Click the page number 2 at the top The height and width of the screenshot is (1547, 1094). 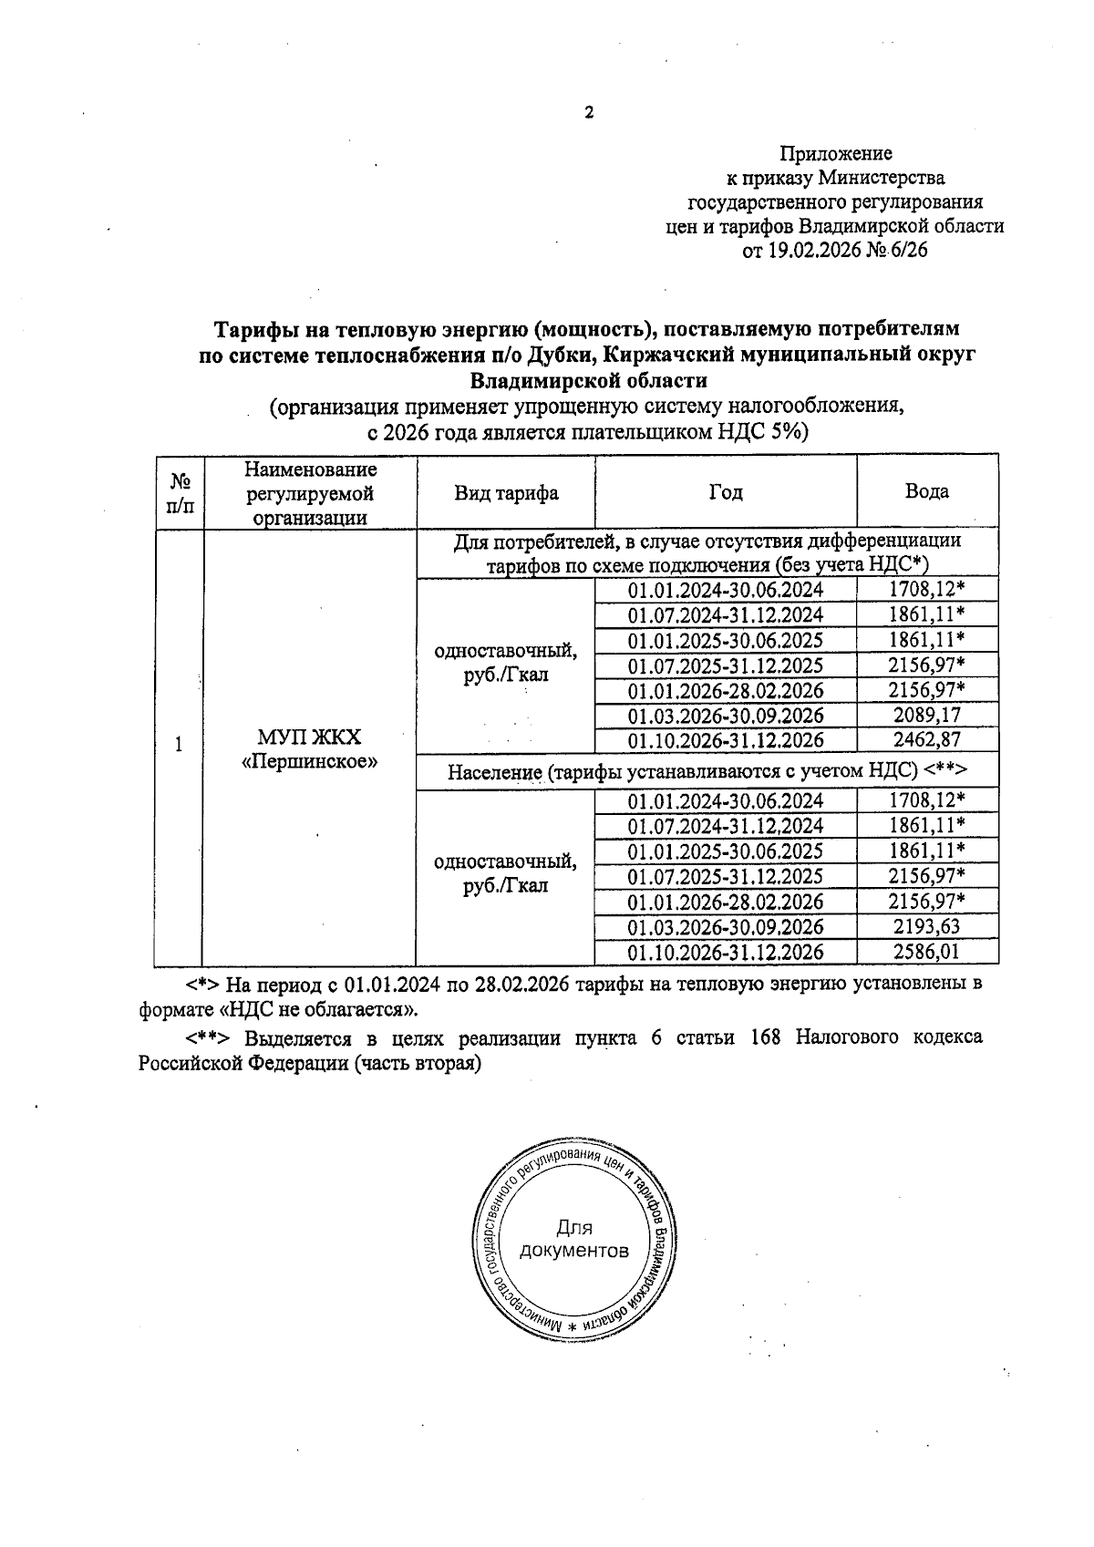coord(589,113)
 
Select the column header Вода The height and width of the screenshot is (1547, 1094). coord(926,491)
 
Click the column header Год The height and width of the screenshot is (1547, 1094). coord(726,492)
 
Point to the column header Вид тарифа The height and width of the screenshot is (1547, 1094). coord(506,493)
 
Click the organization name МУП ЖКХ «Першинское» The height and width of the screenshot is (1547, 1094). coord(309,748)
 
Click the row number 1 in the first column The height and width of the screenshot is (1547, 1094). coord(179,744)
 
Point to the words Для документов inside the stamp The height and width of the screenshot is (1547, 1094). coord(573,1239)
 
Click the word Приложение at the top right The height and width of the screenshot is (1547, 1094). coord(836,153)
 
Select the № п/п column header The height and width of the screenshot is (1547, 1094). coord(180,492)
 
